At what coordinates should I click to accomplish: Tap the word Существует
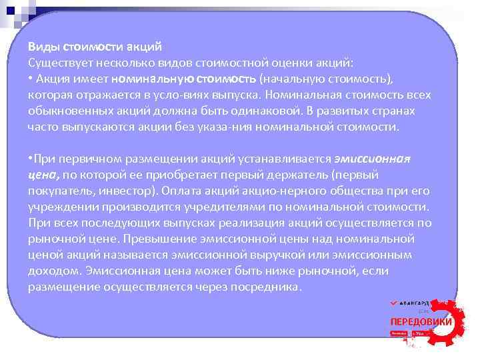(x=58, y=63)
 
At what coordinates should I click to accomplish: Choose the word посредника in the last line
(x=271, y=287)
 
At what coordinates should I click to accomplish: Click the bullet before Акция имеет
(x=30, y=79)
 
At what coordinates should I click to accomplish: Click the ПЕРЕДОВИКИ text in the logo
(x=421, y=321)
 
